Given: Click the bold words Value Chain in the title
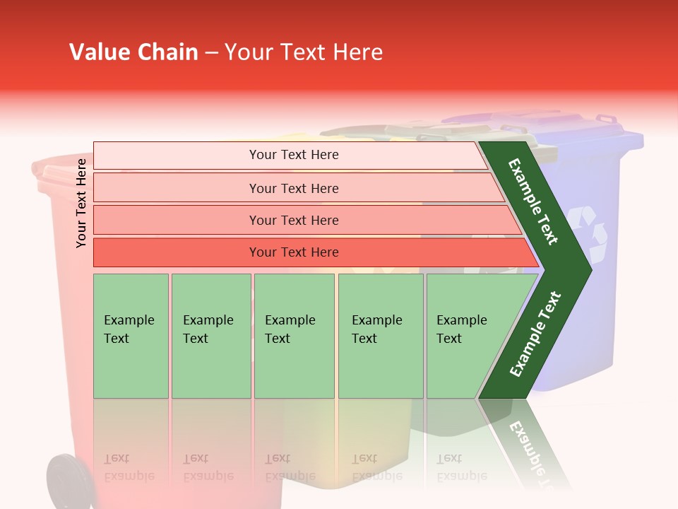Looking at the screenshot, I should click(x=133, y=52).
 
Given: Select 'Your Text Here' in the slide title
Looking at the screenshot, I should click(x=304, y=52).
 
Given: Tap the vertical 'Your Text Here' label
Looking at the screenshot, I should click(x=81, y=203).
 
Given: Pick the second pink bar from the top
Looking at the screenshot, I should click(x=293, y=188).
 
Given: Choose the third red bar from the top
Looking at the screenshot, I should click(x=293, y=220).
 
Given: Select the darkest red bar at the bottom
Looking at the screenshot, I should click(x=293, y=252).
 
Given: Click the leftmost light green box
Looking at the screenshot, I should click(x=131, y=336).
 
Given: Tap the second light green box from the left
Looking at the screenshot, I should click(x=210, y=336).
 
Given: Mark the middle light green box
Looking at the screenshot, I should click(x=294, y=336).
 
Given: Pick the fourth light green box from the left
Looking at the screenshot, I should click(x=380, y=336).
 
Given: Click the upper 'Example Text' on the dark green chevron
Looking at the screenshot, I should click(x=533, y=201).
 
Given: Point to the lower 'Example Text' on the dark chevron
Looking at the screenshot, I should click(x=535, y=334).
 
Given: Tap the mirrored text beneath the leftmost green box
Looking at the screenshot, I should click(x=129, y=467).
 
